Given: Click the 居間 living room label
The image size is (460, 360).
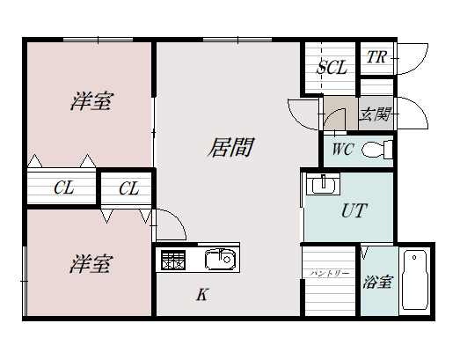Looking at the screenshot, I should tap(230, 148).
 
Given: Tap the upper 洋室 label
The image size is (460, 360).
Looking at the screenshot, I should tap(91, 102).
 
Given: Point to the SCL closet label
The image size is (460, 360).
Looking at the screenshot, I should tap(332, 67).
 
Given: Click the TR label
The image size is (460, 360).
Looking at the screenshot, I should tap(376, 58).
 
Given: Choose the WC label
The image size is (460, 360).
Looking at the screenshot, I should tap(342, 150).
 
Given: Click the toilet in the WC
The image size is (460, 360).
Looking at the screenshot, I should tap(378, 150).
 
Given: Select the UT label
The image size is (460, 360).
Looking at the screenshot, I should tap(353, 211).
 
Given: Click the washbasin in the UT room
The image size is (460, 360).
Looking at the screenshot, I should tap(324, 186).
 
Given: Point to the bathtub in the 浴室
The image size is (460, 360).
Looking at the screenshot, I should tap(413, 281).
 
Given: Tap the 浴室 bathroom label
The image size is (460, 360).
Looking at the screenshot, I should tap(377, 283).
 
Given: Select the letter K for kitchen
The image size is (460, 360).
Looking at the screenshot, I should tap(201, 295).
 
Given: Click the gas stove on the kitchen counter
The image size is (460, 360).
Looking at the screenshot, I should tap(172, 260).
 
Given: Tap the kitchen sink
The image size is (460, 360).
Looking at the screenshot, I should tap(218, 260).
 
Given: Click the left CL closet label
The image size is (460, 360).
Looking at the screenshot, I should tap(62, 187).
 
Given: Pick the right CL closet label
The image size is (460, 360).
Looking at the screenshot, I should tap(128, 187).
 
